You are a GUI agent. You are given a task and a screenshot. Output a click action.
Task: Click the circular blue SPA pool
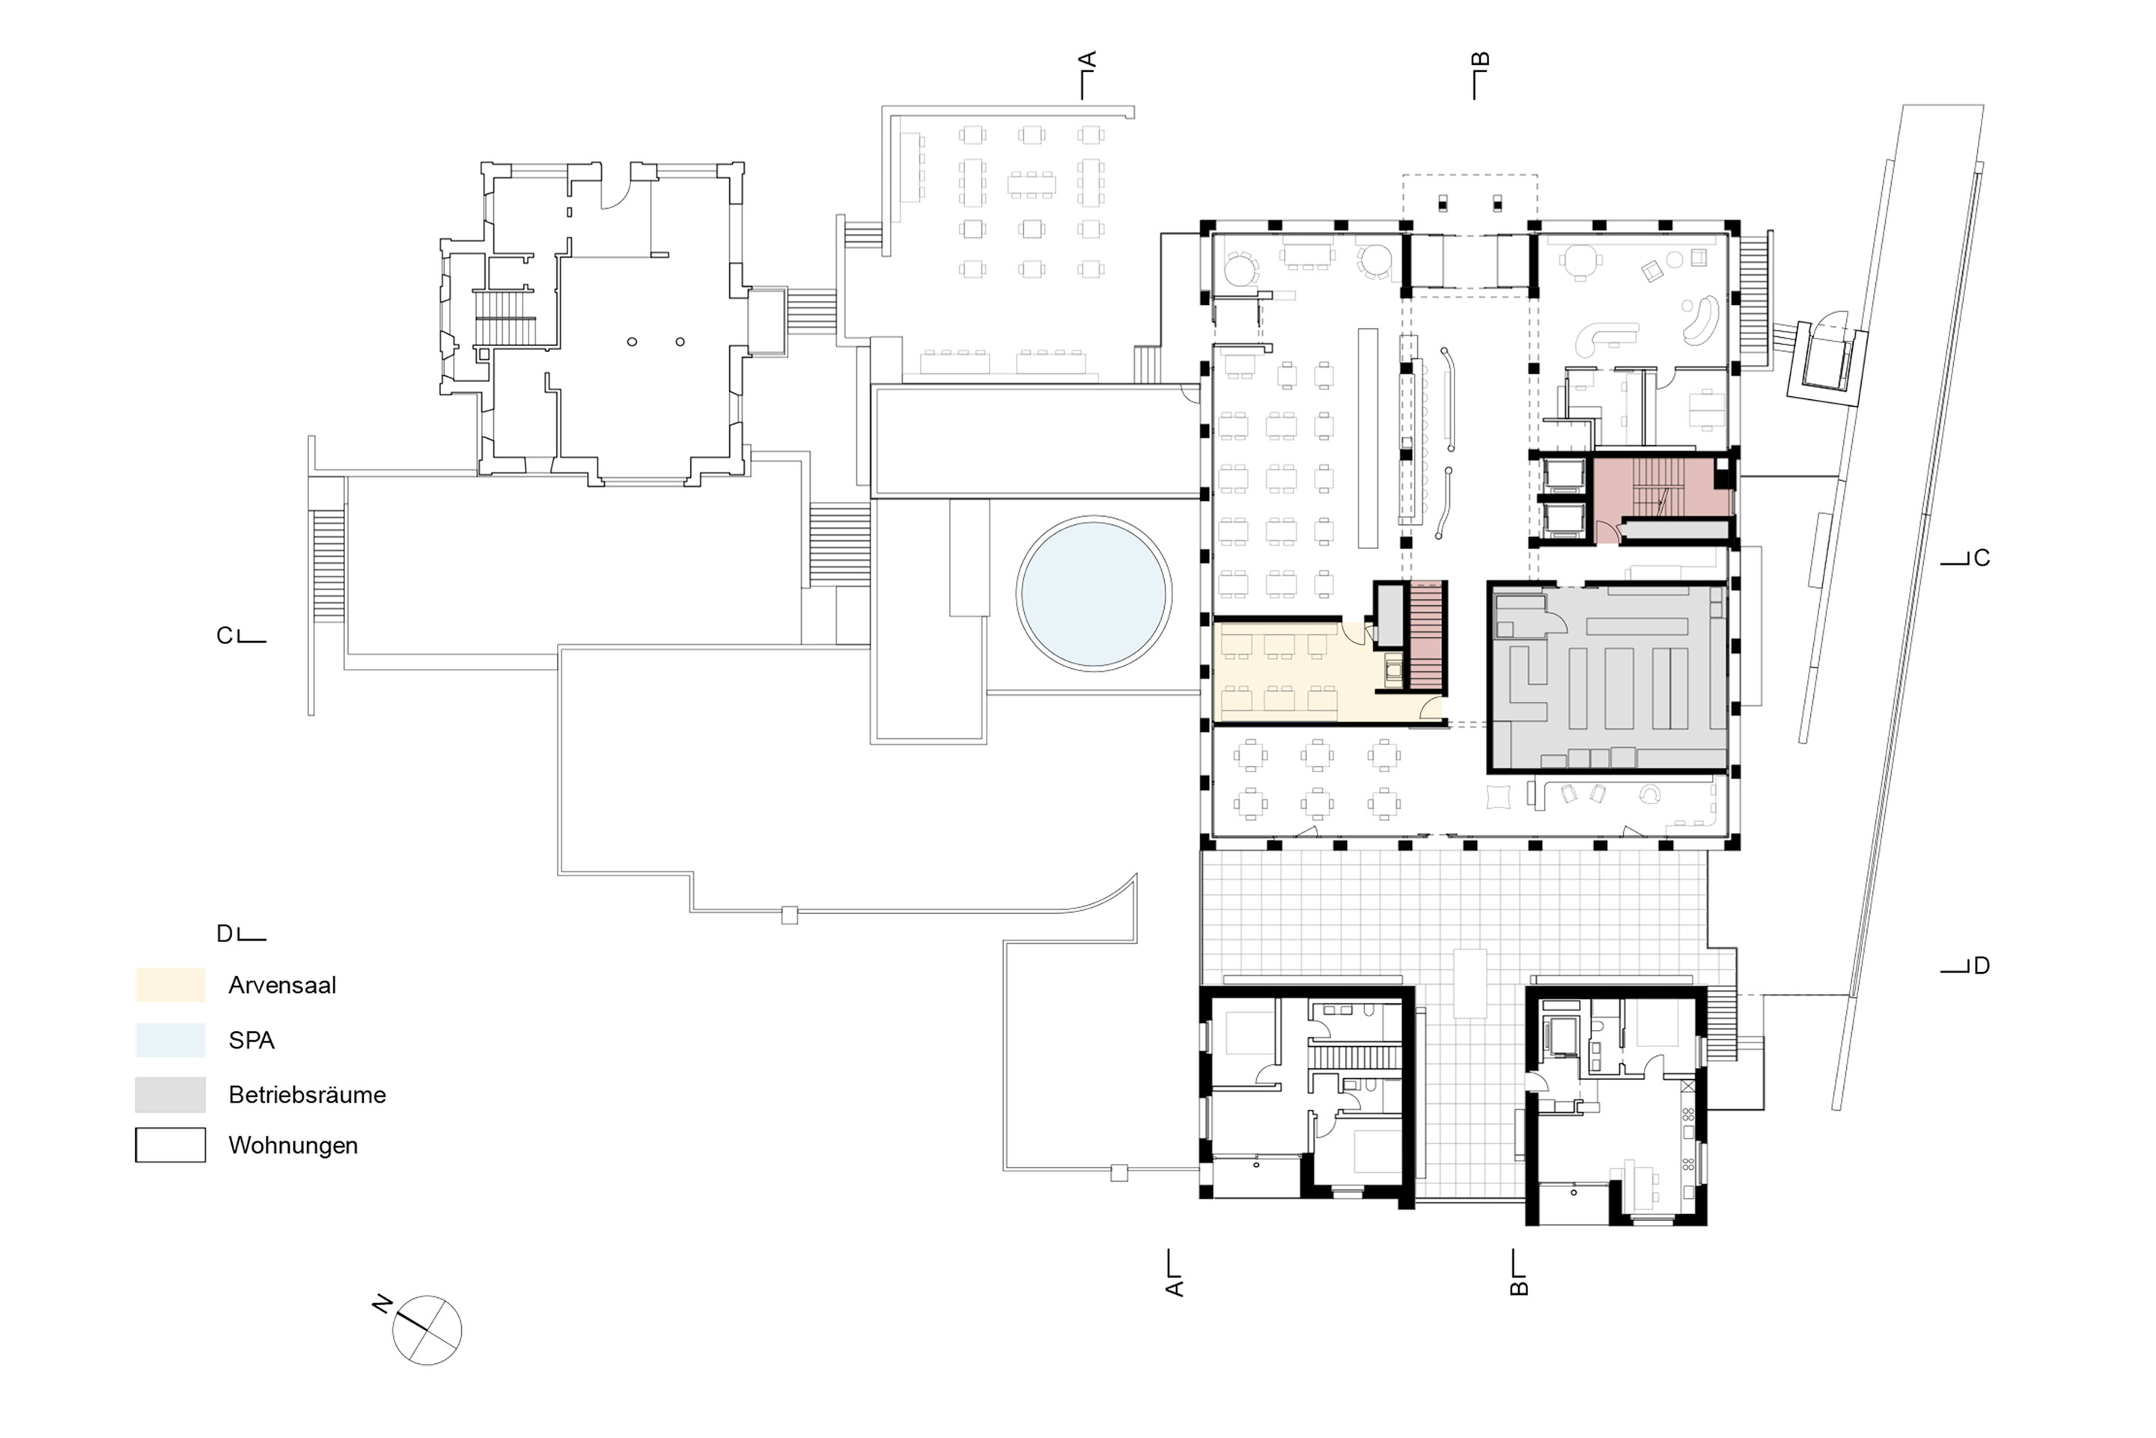click(1094, 592)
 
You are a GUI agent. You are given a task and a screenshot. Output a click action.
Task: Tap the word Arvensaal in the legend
click(282, 986)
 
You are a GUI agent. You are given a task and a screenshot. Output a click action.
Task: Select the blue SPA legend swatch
click(171, 1040)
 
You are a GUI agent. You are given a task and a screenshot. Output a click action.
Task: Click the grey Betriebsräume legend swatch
click(171, 1094)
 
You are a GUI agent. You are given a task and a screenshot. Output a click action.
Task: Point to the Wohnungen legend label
click(293, 1145)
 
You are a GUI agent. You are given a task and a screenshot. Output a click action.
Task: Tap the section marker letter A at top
click(1087, 61)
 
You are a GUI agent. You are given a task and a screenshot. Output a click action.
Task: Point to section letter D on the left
click(225, 934)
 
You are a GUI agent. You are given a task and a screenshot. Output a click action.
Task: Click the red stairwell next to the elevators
click(1662, 500)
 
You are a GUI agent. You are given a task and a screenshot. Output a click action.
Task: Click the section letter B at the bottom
click(1518, 1287)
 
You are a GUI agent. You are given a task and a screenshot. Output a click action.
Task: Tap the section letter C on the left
click(225, 636)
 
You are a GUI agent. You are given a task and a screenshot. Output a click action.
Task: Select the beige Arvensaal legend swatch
click(171, 985)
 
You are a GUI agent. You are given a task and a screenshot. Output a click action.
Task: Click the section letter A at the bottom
click(1175, 1287)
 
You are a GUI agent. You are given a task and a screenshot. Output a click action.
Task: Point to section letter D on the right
click(1981, 965)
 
